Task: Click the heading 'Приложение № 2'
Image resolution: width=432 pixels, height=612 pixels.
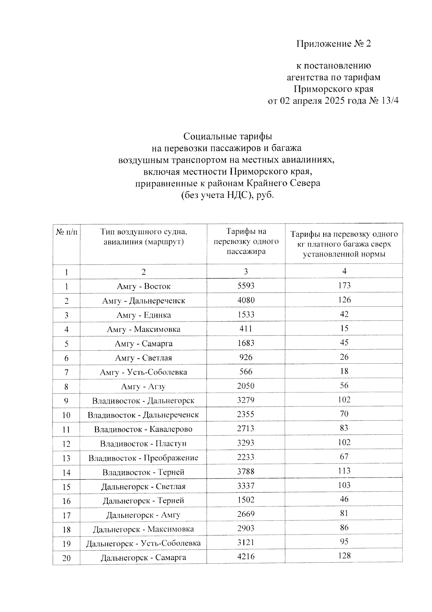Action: tap(333, 44)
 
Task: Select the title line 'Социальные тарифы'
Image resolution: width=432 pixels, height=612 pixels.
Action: tap(228, 136)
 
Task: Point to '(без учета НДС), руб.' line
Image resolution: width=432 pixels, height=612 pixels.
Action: tap(228, 195)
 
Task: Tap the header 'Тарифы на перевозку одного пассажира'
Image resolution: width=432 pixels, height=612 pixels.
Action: tap(246, 241)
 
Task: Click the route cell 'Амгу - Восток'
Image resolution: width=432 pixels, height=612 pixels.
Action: tap(143, 286)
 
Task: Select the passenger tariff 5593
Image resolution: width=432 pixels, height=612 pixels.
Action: tap(246, 286)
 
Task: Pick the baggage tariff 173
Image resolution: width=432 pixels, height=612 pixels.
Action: tap(344, 285)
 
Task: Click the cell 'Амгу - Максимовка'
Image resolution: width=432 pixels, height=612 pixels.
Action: tap(143, 329)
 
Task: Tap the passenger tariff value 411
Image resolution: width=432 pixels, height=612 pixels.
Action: tap(246, 329)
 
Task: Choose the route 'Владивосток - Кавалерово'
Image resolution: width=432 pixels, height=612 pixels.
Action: tap(143, 429)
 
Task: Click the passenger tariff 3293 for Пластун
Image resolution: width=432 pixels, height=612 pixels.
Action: tap(246, 443)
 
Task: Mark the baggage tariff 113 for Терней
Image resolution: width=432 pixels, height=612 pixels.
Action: tap(344, 471)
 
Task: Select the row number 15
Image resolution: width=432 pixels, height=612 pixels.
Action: tap(67, 487)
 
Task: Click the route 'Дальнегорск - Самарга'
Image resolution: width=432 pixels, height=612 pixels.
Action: tap(143, 558)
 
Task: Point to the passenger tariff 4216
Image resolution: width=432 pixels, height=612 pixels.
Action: tap(246, 556)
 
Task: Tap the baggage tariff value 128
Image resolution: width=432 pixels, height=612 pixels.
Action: tap(344, 556)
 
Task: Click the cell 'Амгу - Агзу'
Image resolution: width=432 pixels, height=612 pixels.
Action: tap(143, 387)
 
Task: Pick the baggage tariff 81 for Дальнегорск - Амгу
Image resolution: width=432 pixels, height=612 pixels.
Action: tap(344, 513)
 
